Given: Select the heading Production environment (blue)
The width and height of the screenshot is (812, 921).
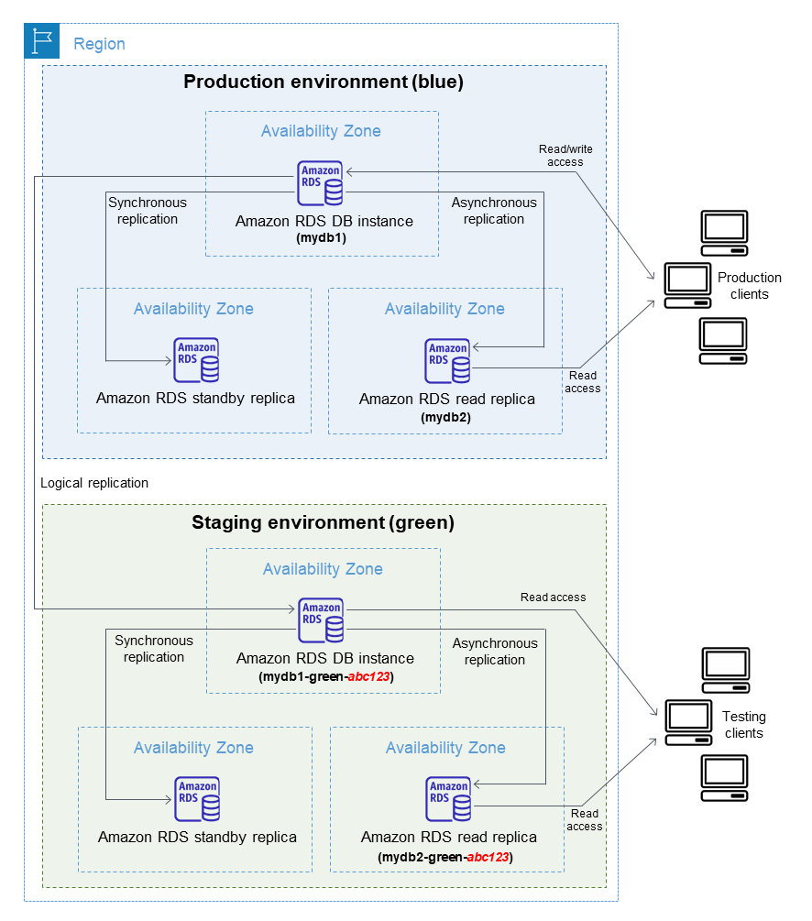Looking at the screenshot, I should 324,82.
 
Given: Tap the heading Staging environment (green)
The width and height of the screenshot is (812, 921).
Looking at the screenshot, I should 323,523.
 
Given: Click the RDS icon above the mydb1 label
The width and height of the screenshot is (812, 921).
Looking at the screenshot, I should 321,182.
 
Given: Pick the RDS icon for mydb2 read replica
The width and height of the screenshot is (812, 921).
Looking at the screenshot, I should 448,361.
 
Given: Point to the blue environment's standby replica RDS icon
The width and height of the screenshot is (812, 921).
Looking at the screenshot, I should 197,360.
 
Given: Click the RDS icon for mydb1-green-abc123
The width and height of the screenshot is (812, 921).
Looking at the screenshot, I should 322,620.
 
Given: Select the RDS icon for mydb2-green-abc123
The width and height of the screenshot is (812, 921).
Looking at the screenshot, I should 449,799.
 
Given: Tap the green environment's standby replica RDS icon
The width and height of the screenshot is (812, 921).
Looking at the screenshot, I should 198,799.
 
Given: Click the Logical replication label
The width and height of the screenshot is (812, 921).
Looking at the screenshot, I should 94,483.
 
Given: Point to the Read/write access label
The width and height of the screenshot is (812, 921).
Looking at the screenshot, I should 561,155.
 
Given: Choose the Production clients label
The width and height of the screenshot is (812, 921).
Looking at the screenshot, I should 749,286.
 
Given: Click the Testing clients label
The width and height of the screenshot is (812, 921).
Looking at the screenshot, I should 743,724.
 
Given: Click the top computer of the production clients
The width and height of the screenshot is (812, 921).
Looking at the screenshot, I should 724,233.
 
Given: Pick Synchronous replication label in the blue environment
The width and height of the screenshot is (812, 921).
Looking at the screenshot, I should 147,211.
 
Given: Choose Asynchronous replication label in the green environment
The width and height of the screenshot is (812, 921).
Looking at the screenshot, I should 495,652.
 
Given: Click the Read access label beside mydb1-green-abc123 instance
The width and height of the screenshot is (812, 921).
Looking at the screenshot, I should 553,598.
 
